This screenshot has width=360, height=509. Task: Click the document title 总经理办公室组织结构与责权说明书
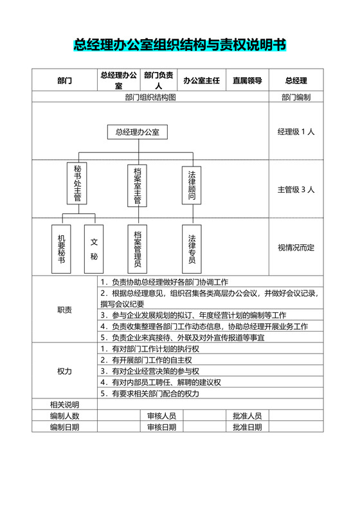tap(179, 44)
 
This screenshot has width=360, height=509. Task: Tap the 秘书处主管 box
tap(77, 183)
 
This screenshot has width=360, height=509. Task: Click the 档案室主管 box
tap(138, 186)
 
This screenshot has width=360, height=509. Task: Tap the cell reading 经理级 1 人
tap(296, 132)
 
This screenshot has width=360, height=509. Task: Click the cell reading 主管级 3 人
tap(296, 190)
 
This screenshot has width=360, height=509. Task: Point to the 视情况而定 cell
tap(296, 247)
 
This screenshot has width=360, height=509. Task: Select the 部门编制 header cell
tap(296, 97)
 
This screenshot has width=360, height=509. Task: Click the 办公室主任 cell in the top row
tap(201, 80)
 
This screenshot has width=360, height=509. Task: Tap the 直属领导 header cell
tap(247, 80)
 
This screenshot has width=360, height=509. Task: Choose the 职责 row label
tap(64, 310)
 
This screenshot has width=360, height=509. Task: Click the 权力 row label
tap(64, 371)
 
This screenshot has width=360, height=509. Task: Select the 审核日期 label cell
tap(161, 427)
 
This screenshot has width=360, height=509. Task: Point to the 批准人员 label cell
tap(247, 416)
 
